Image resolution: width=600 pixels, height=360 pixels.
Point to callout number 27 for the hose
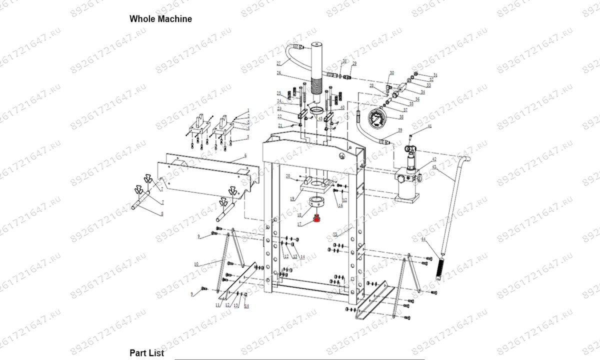pos(279,63)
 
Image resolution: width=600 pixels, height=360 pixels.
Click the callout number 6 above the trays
pos(245,156)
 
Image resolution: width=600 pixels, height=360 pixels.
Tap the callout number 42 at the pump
pos(434,159)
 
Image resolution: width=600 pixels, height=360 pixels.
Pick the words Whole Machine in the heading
pos(160,19)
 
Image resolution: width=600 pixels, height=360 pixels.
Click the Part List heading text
pos(146,352)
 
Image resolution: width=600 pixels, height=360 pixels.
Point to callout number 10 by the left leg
pos(196,263)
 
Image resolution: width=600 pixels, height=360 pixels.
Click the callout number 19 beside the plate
pos(292,198)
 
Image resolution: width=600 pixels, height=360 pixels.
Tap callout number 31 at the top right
pos(435,75)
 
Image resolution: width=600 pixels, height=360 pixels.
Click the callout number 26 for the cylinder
pos(279,73)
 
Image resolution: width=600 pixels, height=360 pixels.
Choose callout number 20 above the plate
pos(288,176)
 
